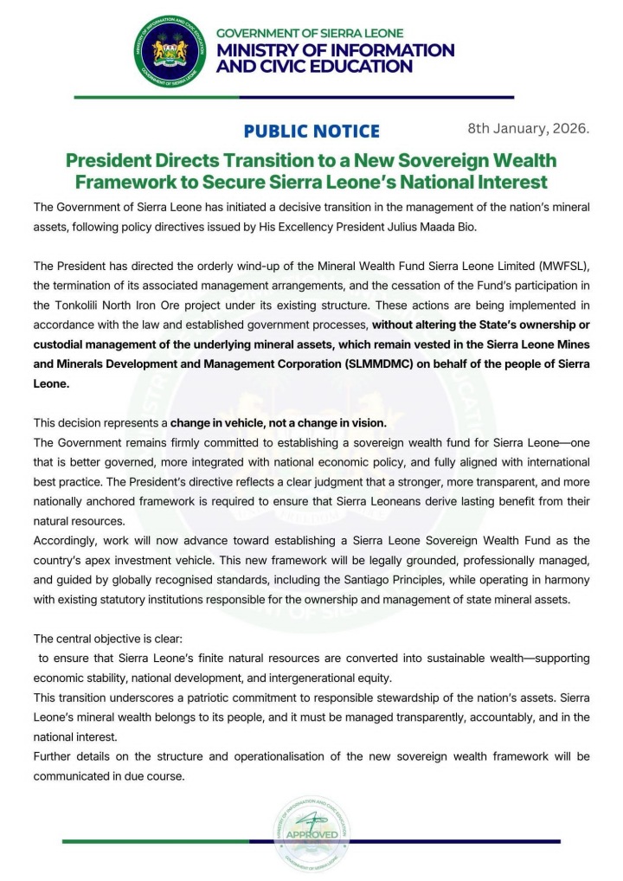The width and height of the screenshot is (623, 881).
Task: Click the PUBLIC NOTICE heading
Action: click(x=311, y=132)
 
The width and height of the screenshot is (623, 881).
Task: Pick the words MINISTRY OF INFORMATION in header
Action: click(x=335, y=49)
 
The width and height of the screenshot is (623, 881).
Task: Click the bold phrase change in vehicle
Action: click(x=220, y=424)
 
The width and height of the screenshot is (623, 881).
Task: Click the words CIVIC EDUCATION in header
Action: click(x=315, y=66)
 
